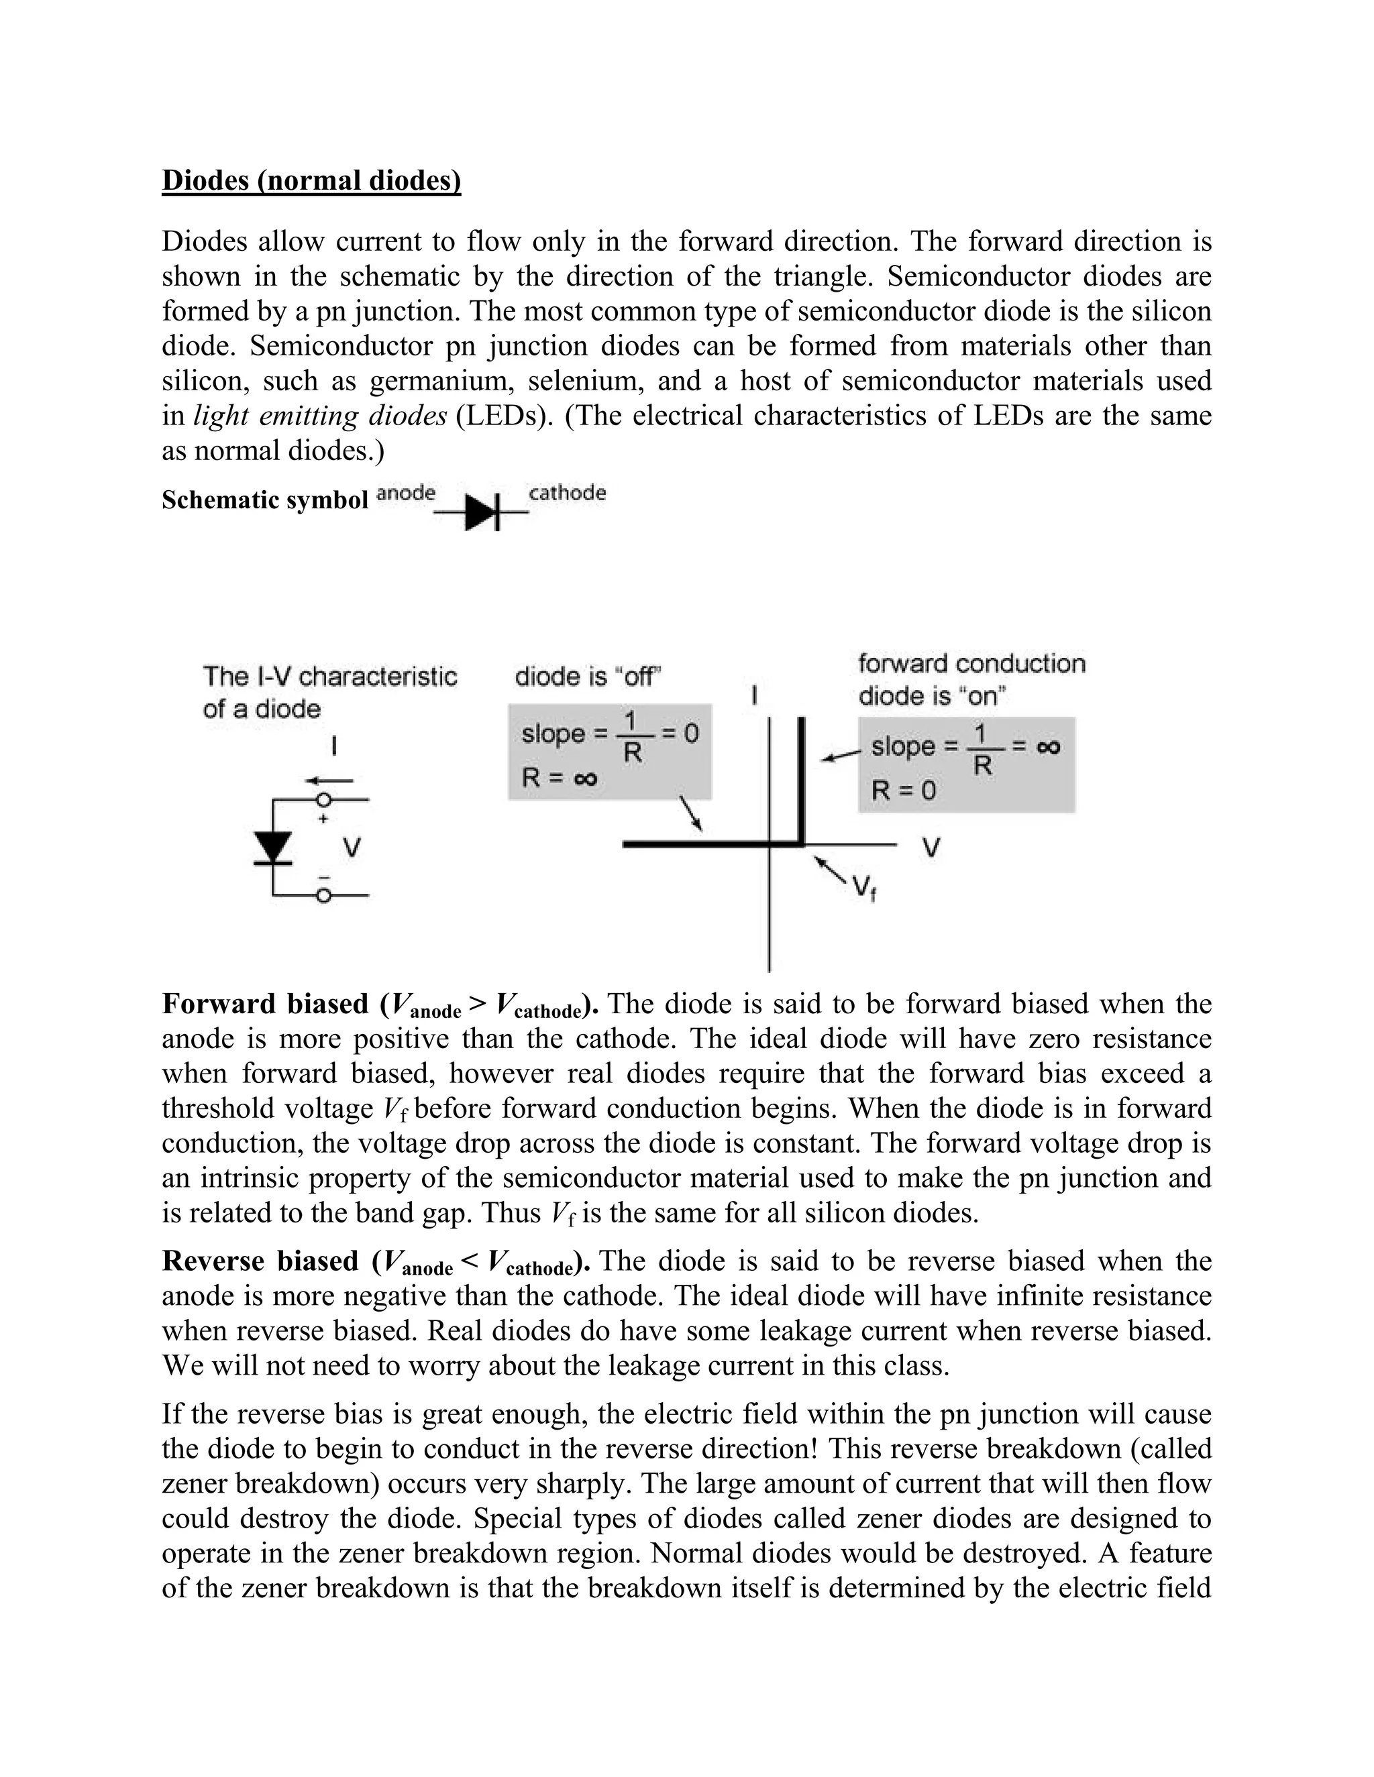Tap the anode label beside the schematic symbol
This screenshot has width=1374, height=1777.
click(x=406, y=492)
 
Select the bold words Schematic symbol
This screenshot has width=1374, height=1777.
click(x=264, y=500)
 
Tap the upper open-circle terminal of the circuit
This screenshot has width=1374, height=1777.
click(x=324, y=801)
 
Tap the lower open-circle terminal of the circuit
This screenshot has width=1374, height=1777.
click(x=324, y=896)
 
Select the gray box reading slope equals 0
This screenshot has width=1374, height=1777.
click(x=610, y=751)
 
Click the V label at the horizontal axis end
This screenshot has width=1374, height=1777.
click(x=931, y=849)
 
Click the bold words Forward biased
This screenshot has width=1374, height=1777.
click(x=266, y=1004)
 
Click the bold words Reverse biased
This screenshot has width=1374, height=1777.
click(x=260, y=1261)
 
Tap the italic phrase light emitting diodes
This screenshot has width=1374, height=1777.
click(x=320, y=416)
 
